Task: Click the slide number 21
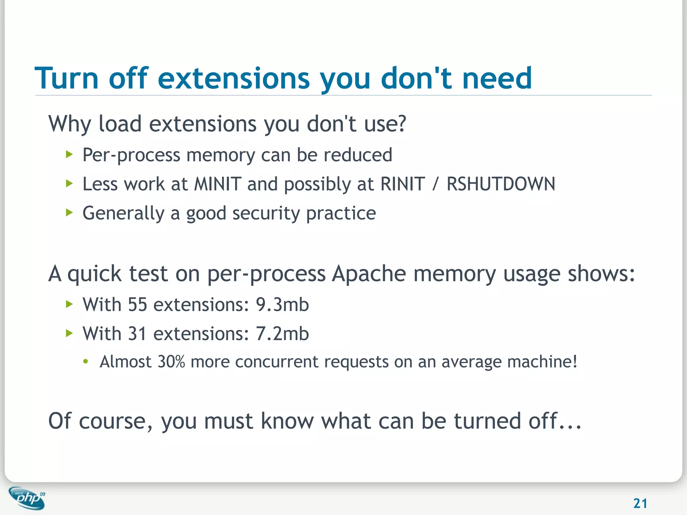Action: pos(640,503)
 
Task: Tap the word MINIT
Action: pos(218,184)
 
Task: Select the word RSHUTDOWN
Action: pos(501,184)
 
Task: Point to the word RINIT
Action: pos(403,184)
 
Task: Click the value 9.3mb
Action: pos(282,305)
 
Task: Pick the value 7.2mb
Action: pos(282,334)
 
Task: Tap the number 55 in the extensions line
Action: pos(138,305)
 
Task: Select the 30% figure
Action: pos(171,362)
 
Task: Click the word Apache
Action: pos(369,274)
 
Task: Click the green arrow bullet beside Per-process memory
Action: pos(69,155)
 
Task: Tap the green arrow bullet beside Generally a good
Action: pos(69,213)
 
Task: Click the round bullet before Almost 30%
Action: pos(86,362)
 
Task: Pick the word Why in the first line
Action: pos(69,124)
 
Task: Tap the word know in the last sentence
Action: pos(288,421)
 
